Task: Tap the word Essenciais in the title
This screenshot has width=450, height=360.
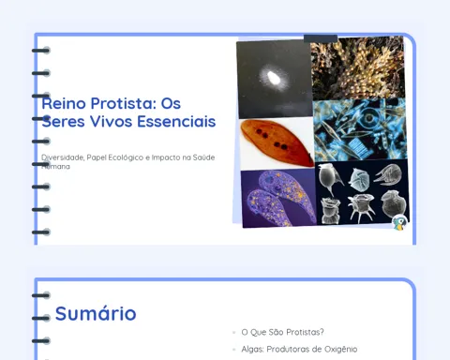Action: [x=176, y=121]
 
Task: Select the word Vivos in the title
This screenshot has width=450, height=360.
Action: [x=111, y=121]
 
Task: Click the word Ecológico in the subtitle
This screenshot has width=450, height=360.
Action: [x=126, y=157]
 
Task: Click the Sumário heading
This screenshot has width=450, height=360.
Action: [x=96, y=313]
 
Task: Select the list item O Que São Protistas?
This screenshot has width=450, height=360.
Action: [x=282, y=332]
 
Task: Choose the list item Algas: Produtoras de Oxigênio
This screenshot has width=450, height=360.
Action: [x=299, y=349]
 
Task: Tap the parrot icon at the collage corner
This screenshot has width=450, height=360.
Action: [x=399, y=222]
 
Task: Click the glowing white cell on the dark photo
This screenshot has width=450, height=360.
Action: [x=274, y=78]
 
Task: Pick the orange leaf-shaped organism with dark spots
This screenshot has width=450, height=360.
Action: [x=277, y=143]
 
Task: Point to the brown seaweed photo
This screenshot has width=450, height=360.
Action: [x=357, y=67]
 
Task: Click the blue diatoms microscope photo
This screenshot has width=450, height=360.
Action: [x=360, y=129]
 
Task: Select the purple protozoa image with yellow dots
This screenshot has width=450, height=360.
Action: [x=278, y=198]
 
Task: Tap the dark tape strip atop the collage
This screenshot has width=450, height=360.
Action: [x=321, y=38]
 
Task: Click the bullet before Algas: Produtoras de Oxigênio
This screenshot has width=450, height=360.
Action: [x=234, y=350]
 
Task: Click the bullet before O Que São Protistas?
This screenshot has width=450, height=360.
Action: [x=234, y=332]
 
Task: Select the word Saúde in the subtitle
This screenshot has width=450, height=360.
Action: [x=203, y=157]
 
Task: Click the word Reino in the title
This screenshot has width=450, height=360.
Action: [x=64, y=103]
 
